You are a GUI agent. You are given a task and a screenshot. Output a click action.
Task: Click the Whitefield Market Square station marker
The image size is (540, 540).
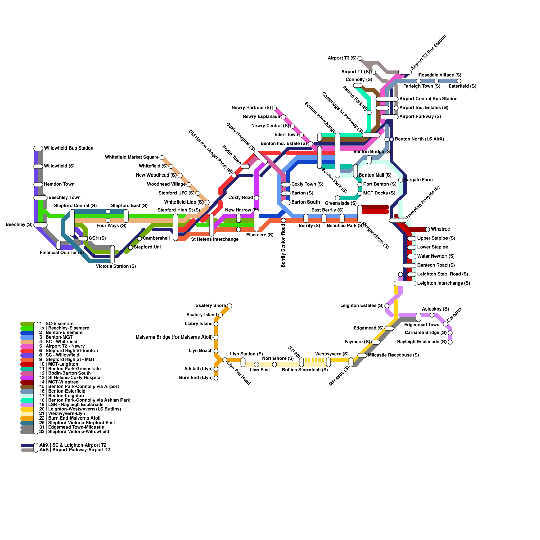coord(162,158)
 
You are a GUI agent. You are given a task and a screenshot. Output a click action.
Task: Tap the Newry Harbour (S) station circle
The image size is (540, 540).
coord(274,108)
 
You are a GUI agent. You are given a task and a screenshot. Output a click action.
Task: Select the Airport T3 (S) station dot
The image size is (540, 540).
coord(360,59)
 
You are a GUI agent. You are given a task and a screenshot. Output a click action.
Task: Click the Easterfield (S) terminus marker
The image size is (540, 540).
coord(459,81)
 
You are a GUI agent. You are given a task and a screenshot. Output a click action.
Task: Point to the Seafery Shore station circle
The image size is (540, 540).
coord(230,306)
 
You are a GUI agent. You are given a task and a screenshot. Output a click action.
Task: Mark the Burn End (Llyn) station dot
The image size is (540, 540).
coord(216,378)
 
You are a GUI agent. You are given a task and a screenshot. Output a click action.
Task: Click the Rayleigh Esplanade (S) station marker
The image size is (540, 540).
coord(450,342)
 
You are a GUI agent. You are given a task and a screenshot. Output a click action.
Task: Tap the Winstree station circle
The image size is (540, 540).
coord(428,230)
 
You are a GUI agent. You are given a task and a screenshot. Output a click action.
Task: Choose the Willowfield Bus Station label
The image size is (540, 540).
coord(69,148)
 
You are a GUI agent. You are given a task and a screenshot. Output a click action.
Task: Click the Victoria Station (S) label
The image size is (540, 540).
coord(116,266)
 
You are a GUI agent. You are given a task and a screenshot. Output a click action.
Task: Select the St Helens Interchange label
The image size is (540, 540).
coord(215,239)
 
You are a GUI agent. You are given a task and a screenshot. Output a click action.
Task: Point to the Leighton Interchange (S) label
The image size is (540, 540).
coord(443,283)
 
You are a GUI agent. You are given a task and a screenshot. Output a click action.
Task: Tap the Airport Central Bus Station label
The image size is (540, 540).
coord(428,99)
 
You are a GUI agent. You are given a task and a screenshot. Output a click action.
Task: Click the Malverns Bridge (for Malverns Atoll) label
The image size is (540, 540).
coord(174,337)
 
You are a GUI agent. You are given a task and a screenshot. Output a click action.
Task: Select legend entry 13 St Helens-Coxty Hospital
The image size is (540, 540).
coord(75,378)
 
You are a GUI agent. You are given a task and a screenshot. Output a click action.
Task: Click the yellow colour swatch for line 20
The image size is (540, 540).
coord(27,409)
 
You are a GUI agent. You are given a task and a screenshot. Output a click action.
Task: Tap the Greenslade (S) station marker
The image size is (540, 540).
coord(337,198)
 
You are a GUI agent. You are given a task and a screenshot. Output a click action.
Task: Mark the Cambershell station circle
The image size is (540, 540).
coord(139,239)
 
